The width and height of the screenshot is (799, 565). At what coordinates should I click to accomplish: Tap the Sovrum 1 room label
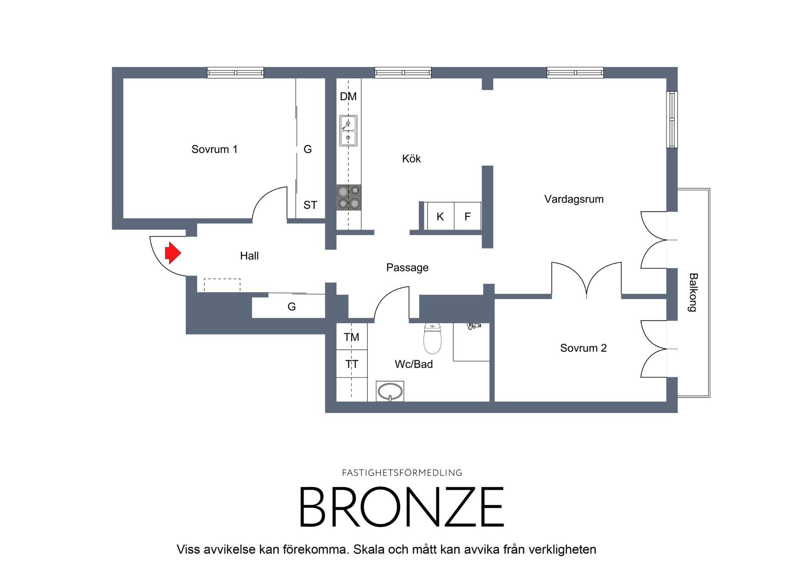[x=214, y=149]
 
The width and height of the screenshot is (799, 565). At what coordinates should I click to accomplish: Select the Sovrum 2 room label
[x=583, y=348]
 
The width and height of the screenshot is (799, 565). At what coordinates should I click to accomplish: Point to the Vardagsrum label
[x=574, y=199]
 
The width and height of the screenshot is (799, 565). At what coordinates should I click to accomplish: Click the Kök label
[x=411, y=159]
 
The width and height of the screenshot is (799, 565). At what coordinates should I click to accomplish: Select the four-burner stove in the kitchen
[x=349, y=198]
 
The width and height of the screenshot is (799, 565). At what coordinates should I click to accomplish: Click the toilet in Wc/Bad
[x=433, y=338]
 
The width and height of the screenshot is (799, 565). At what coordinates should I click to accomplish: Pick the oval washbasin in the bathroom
[x=390, y=392]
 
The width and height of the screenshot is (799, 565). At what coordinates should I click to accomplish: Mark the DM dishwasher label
[x=348, y=97]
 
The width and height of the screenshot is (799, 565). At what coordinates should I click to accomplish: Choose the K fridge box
[x=440, y=216]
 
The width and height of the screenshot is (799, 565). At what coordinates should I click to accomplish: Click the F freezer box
[x=468, y=216]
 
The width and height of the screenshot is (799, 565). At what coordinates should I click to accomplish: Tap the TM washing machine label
[x=351, y=337]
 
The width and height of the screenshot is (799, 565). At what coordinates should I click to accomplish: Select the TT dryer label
[x=351, y=364]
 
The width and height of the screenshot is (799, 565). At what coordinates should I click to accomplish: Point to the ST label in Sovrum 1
[x=310, y=205]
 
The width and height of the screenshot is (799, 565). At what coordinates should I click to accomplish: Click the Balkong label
[x=693, y=292]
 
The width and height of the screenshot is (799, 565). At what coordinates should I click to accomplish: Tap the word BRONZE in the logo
[x=402, y=507]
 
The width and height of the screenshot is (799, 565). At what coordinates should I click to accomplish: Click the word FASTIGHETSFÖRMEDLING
[x=402, y=473]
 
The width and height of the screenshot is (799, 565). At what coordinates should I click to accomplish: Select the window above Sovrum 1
[x=236, y=73]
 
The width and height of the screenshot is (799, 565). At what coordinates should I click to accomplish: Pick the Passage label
[x=407, y=268]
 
